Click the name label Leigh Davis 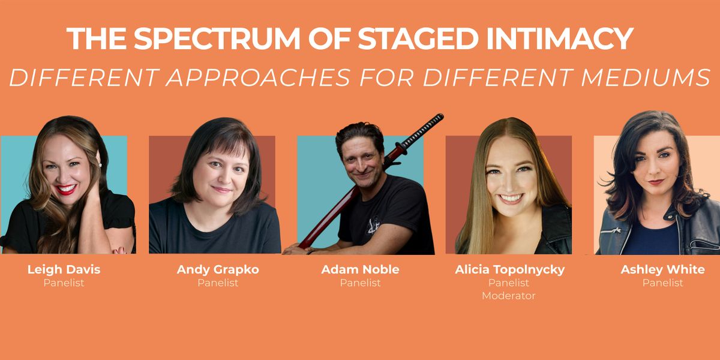click(64, 269)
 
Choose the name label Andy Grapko click(218, 269)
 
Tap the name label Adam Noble click(360, 269)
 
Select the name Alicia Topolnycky click(509, 269)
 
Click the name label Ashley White click(662, 269)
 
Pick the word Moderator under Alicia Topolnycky click(509, 296)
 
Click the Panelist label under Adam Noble click(360, 283)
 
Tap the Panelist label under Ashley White click(662, 283)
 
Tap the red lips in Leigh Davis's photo click(67, 190)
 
